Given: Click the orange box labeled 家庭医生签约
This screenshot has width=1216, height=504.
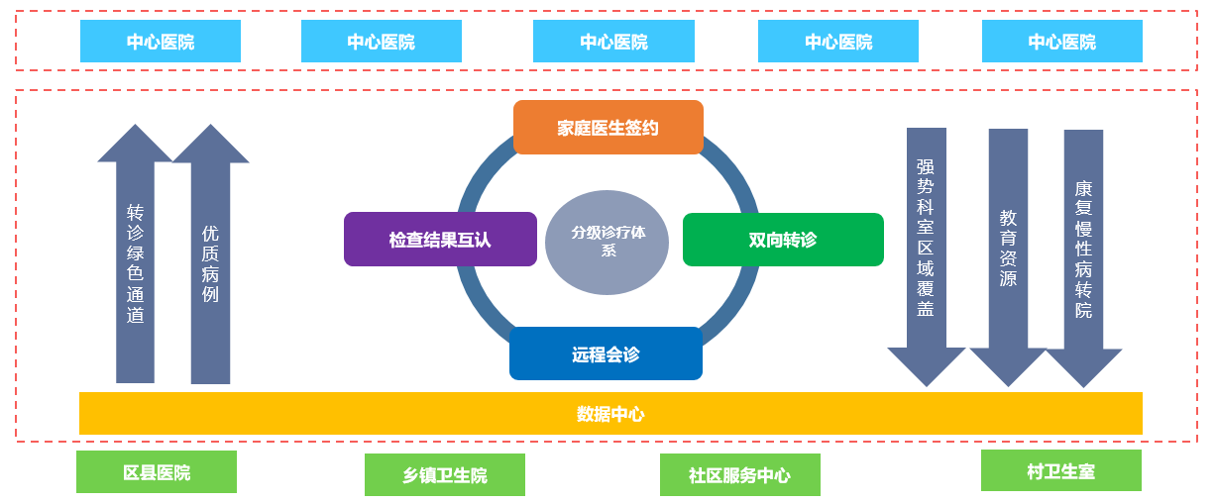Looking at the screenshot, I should coord(608,128).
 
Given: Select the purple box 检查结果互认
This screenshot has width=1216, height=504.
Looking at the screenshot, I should coord(440,240).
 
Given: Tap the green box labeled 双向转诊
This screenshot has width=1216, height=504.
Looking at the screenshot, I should coord(783,240).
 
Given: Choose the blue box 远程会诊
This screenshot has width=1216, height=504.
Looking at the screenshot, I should coord(606,353).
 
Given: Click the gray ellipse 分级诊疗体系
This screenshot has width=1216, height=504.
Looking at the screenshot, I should coord(608,242).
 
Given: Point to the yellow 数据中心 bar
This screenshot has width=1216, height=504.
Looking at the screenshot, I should coord(610,413).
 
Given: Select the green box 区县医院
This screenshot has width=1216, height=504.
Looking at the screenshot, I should coord(157,472).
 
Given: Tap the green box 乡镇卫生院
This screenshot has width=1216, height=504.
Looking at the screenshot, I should coord(445,475).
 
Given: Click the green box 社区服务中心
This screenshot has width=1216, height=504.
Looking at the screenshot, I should coord(739,475).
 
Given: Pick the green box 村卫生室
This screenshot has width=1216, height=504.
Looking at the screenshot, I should coord(1060,470).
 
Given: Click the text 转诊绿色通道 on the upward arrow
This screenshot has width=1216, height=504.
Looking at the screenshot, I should coord(136,264).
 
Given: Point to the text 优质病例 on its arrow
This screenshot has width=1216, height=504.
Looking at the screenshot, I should coord(210,263).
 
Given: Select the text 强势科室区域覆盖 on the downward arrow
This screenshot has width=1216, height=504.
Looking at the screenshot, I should coord(926,238).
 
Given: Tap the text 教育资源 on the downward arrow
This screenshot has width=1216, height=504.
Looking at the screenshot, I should coord(1008,248).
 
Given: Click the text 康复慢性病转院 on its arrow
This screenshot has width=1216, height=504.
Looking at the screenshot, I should coord(1083,249).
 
